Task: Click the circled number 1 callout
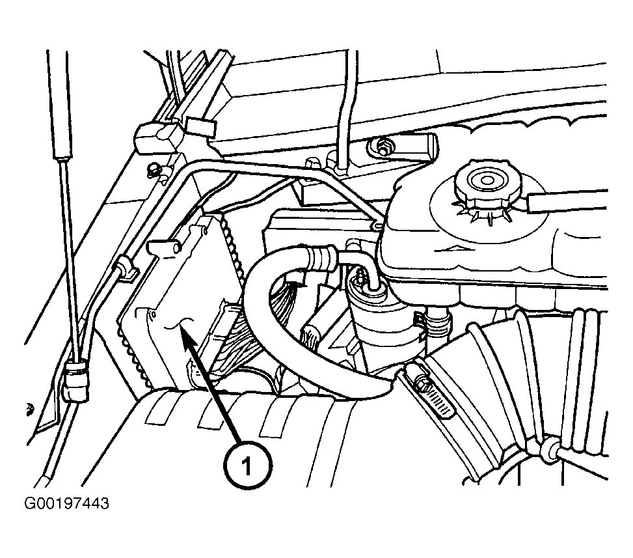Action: click(248, 466)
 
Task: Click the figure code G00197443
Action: click(66, 503)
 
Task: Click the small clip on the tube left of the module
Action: click(124, 269)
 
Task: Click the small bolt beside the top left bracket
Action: click(153, 169)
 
